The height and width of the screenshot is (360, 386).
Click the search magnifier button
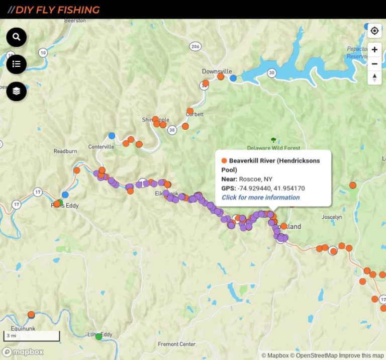[16, 37]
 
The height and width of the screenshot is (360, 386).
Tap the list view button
[16, 64]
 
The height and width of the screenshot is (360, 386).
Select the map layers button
[16, 91]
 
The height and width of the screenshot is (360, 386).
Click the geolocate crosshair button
[374, 31]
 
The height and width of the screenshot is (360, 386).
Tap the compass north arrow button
[374, 77]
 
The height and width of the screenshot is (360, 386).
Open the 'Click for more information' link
[260, 197]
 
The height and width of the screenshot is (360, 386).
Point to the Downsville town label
[217, 71]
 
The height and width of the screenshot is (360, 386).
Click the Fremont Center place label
[176, 344]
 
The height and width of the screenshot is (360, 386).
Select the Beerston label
[75, 21]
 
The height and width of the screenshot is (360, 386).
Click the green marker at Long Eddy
[99, 336]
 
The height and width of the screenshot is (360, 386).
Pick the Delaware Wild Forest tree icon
[273, 140]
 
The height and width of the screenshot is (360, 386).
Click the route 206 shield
[195, 46]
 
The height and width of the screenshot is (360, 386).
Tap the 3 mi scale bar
[31, 335]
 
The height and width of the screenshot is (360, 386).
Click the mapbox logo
[23, 352]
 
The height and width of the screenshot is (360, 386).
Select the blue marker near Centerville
[112, 136]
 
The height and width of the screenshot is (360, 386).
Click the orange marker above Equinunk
[31, 314]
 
